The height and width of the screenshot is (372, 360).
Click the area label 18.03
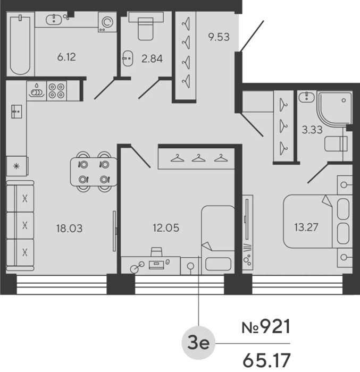point(69,228)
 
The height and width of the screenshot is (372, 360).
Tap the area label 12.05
point(166,228)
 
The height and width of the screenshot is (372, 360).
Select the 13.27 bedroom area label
point(306,227)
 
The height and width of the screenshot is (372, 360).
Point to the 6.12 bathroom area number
point(66,57)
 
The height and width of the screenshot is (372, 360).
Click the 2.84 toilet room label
point(152,58)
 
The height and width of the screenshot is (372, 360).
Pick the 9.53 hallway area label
point(219,37)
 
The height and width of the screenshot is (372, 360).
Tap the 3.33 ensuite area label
point(312,130)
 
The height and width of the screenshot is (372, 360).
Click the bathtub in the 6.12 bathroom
point(20,44)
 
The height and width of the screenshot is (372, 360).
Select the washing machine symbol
point(107,22)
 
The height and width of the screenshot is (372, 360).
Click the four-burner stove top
point(56,91)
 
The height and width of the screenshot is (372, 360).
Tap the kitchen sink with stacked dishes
point(37,91)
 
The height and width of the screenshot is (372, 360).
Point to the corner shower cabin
point(334,108)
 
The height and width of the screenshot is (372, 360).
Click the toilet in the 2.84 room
point(146,27)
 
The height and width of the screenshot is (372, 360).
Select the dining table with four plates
point(94,172)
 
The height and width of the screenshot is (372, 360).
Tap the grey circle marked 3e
point(198,343)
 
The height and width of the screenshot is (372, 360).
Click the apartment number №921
point(266,327)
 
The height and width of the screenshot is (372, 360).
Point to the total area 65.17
point(266,360)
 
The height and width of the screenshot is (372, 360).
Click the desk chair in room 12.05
point(156,252)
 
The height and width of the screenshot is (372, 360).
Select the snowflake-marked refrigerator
point(16,166)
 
